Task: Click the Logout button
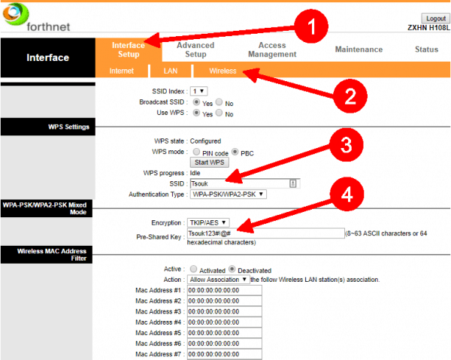click(435, 18)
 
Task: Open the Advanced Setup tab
click(195, 50)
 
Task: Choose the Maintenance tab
click(359, 50)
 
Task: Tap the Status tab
click(426, 50)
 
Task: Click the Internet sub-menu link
click(122, 71)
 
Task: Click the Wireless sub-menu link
click(222, 71)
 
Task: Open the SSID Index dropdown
click(198, 91)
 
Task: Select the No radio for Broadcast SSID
click(219, 102)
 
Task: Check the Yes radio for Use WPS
click(197, 113)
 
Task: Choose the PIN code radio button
click(196, 152)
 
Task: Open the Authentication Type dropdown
click(229, 194)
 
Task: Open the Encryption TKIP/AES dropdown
click(208, 223)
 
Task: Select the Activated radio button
click(194, 269)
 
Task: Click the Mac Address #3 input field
click(224, 311)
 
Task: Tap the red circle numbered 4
click(346, 195)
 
